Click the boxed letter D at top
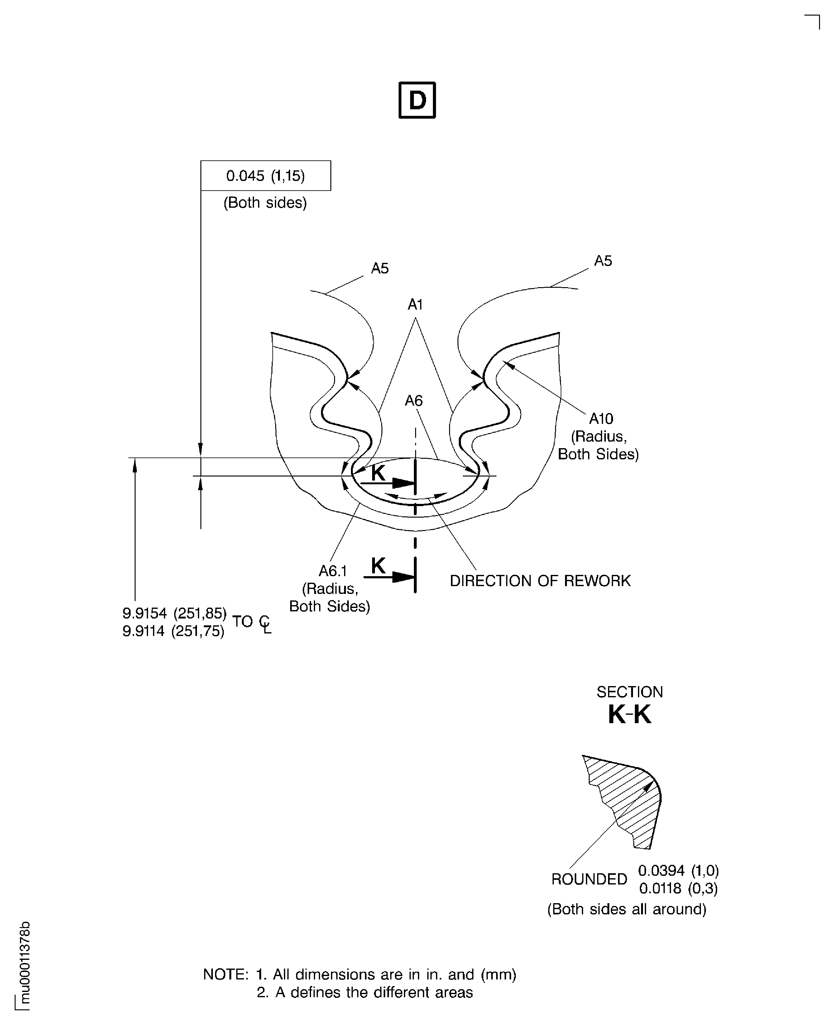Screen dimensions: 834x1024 417,100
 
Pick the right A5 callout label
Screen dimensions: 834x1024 603,261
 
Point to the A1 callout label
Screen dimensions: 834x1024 415,304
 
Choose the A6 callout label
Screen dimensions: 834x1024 414,401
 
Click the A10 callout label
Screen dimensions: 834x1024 601,419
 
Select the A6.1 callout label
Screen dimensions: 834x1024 333,571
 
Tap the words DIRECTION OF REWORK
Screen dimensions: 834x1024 540,581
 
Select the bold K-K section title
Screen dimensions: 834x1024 629,715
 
